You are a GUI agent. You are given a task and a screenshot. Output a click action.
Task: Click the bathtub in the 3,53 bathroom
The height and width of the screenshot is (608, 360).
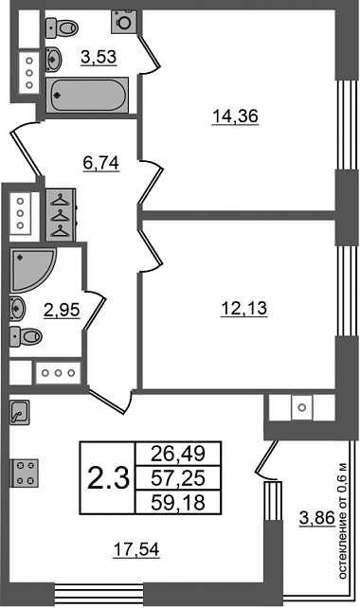click(87, 96)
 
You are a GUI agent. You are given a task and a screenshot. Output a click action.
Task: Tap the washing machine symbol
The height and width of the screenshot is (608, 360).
click(124, 22)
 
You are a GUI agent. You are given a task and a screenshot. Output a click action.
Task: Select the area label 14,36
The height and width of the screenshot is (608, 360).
click(235, 116)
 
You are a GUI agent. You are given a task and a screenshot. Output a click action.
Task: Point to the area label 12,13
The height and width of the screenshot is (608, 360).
click(244, 309)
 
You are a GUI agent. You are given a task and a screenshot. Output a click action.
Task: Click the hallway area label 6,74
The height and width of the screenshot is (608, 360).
click(100, 163)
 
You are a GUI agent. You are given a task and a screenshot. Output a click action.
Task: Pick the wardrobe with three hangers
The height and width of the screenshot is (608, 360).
click(60, 214)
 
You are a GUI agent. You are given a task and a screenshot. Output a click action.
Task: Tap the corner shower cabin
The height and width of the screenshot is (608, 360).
click(33, 270)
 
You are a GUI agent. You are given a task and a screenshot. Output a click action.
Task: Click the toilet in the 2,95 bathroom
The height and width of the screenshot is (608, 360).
click(26, 336)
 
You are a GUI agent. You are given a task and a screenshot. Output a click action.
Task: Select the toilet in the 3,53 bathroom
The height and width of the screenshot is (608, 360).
click(62, 27)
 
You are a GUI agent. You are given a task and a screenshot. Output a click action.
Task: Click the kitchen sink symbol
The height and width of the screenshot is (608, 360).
click(19, 413)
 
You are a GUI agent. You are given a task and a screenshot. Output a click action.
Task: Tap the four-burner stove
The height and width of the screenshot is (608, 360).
click(24, 473)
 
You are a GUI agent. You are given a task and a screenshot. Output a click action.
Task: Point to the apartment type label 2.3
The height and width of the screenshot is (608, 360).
click(108, 477)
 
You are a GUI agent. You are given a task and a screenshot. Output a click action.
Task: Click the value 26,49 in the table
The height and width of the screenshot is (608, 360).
click(178, 454)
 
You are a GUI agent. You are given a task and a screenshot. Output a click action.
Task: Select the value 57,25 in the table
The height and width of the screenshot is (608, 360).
click(178, 478)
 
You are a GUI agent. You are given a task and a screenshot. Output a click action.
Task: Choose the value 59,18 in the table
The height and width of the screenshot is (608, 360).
click(178, 503)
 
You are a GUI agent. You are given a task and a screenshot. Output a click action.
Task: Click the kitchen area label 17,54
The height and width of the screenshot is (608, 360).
click(136, 549)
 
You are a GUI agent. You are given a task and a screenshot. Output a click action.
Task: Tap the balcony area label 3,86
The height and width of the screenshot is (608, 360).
click(317, 518)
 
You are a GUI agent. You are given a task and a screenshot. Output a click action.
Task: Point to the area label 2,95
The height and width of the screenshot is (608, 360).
click(63, 310)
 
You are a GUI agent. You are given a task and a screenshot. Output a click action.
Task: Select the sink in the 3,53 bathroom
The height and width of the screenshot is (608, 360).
click(53, 60)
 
